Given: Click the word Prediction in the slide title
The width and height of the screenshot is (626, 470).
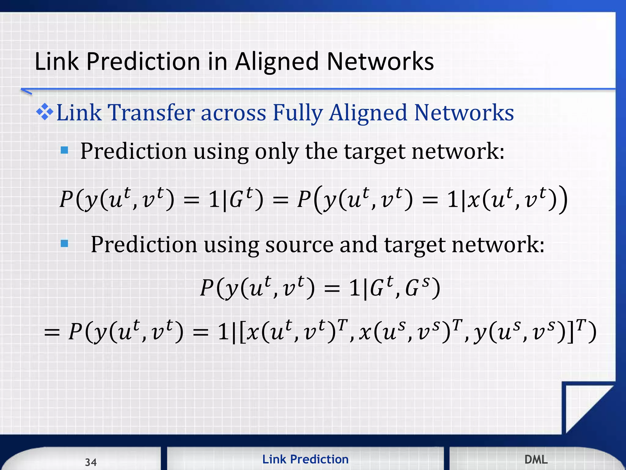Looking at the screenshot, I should click(143, 62).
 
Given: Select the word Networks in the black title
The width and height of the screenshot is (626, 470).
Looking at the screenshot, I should click(380, 62).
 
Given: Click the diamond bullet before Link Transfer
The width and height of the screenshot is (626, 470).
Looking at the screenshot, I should click(45, 112).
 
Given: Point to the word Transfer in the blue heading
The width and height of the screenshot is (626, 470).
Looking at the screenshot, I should click(151, 113).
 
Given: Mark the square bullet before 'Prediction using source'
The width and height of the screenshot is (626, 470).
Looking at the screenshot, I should click(64, 244).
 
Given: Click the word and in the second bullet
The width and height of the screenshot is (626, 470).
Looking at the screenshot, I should click(359, 245).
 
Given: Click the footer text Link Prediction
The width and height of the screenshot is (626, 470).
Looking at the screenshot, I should click(305, 459).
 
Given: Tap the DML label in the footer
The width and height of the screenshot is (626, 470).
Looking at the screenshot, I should click(536, 459).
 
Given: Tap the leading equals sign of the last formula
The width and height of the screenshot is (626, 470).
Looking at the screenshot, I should click(52, 333).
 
